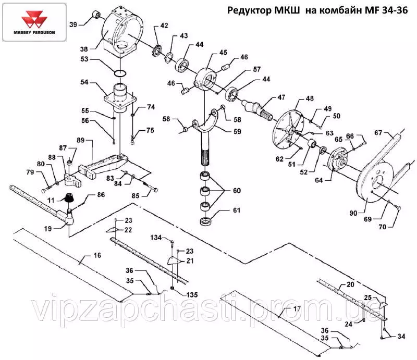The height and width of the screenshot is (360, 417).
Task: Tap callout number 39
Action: (73, 24)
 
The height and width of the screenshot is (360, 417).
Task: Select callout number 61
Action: (237, 211)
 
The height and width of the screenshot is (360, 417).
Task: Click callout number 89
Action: (81, 140)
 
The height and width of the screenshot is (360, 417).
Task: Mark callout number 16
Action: (97, 255)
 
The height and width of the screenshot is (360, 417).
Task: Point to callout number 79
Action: (30, 172)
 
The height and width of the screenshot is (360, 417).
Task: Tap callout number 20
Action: (350, 285)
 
